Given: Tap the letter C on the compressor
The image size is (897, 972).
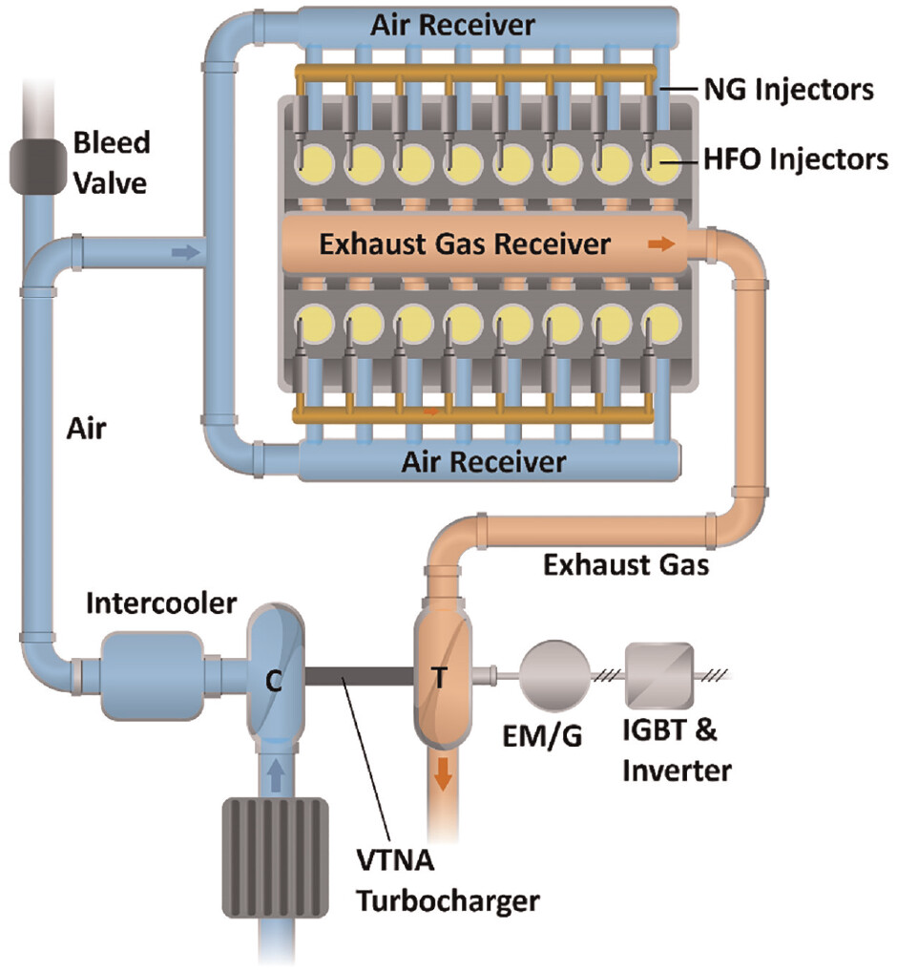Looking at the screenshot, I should [x=273, y=680].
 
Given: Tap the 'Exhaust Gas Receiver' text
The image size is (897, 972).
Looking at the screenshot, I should [x=465, y=244].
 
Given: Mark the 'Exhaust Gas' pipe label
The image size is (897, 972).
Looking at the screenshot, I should [x=625, y=565].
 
